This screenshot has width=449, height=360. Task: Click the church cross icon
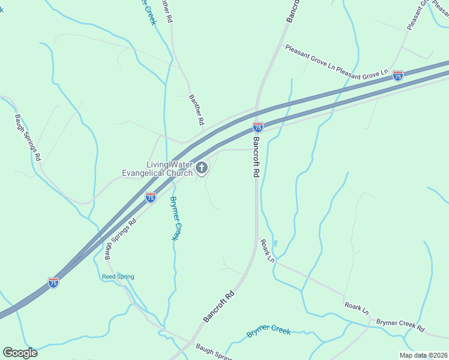coord(202,167)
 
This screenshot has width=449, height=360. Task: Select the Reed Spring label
coord(118,277)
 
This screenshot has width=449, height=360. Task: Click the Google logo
coord(20,352)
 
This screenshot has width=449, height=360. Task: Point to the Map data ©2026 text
coord(423,355)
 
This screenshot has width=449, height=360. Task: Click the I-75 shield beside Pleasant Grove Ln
coord(398,75)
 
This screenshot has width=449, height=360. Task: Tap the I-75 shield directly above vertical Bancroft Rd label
coord(258,127)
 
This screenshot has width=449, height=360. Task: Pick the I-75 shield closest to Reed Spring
coord(53,282)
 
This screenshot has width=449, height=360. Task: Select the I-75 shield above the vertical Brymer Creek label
coord(151,197)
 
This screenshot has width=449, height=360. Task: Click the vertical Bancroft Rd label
coord(256,157)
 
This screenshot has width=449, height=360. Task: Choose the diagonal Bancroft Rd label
coord(218,307)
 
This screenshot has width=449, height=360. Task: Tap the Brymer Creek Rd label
coord(400,326)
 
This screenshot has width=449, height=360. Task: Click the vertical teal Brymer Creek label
coord(174,218)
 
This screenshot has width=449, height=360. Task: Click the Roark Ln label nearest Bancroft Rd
coord(267,251)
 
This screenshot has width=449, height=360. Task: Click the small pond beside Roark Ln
coord(276,244)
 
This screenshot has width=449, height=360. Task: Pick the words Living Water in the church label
coord(170,164)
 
